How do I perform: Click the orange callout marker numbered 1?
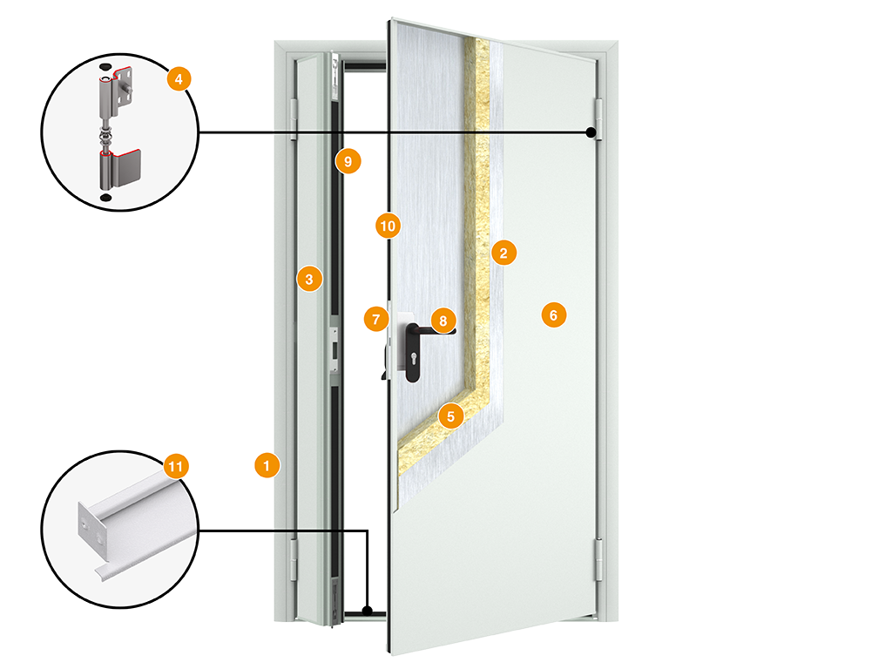[x=267, y=464]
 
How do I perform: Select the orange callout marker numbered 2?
[x=503, y=253]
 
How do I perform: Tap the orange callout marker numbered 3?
[x=309, y=279]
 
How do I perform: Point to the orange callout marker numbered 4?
[x=178, y=79]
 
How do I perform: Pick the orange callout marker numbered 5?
[x=450, y=416]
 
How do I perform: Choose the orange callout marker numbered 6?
[x=553, y=314]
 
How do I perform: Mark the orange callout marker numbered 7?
[x=376, y=319]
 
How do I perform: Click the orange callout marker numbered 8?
[x=443, y=321]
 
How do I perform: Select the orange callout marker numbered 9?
[x=348, y=161]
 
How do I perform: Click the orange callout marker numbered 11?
[x=176, y=467]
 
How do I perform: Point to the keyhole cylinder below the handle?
[x=411, y=358]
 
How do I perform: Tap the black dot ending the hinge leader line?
[x=591, y=132]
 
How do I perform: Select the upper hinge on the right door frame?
[x=598, y=114]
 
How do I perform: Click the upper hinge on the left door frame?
[x=294, y=118]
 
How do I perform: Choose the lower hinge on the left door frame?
[x=293, y=557]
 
